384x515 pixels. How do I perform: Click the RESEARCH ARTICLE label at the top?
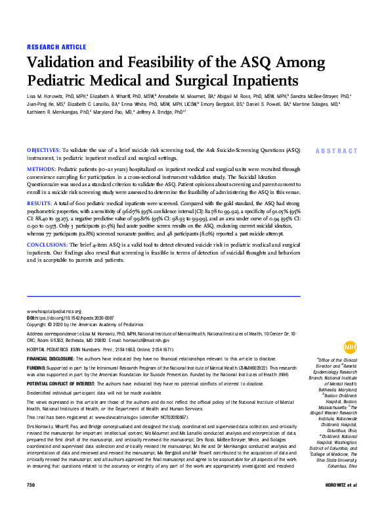coord(56,47)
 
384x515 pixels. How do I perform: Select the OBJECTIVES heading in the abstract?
coord(43,150)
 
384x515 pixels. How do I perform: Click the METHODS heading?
coord(40,169)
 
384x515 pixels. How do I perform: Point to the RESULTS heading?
coord(39,204)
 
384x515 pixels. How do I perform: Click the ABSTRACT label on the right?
coord(335,151)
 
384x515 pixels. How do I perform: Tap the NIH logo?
coord(350,347)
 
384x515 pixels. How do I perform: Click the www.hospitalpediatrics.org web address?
coord(54,311)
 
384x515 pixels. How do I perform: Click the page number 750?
coord(30,503)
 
